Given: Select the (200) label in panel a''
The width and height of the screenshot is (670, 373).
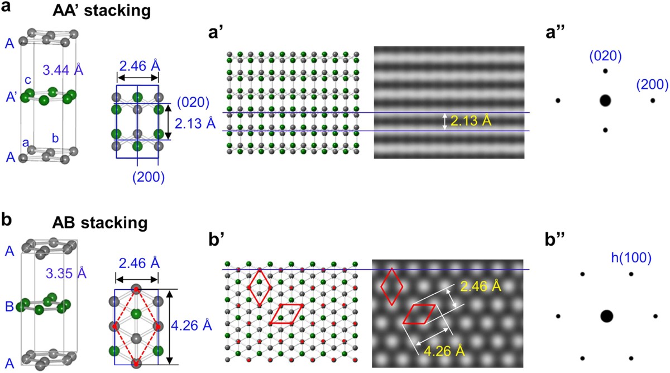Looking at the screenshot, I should pos(652,84).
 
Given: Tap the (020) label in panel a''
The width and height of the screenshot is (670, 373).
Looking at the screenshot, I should pos(606,55).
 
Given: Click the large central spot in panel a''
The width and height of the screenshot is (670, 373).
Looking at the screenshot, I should pos(605,101).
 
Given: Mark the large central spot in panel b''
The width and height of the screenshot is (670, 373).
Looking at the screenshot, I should pos(606,316).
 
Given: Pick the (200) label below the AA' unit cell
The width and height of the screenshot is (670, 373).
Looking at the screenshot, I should pos(149,178).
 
